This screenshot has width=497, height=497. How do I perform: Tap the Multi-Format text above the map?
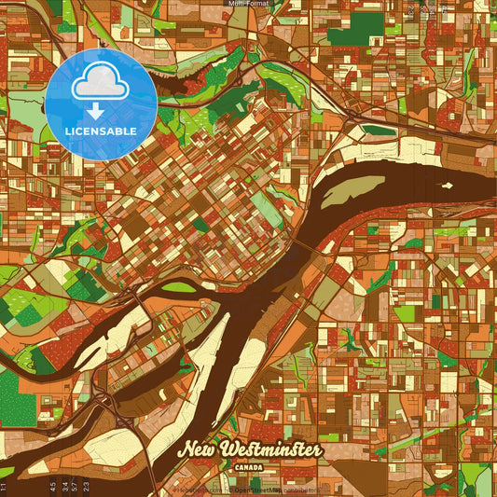(x=248, y=4)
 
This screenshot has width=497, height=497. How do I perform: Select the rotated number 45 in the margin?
(x=53, y=486)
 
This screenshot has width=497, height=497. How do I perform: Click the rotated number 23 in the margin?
(x=87, y=486)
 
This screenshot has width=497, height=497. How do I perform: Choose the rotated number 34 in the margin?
(x=64, y=486)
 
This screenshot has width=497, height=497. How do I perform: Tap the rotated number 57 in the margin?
(x=76, y=486)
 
